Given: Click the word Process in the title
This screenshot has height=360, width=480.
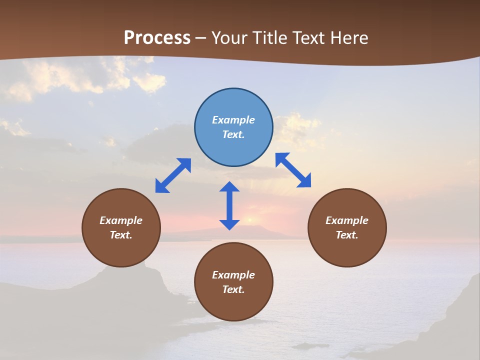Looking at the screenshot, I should (157, 38).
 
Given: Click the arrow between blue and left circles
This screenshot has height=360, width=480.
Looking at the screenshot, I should (173, 175).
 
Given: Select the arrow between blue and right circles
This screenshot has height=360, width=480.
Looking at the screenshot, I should (293, 170).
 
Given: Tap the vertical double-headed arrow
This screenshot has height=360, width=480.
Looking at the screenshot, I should (229, 205).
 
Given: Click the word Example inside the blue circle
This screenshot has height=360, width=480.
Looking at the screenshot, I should (233, 120).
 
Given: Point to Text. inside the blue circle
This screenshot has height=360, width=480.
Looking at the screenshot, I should (233, 134).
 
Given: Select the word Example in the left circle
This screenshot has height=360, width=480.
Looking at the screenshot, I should (121, 220).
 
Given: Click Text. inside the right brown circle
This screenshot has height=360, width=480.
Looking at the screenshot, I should (347, 235).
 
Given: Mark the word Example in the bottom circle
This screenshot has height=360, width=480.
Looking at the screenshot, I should (233, 275).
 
